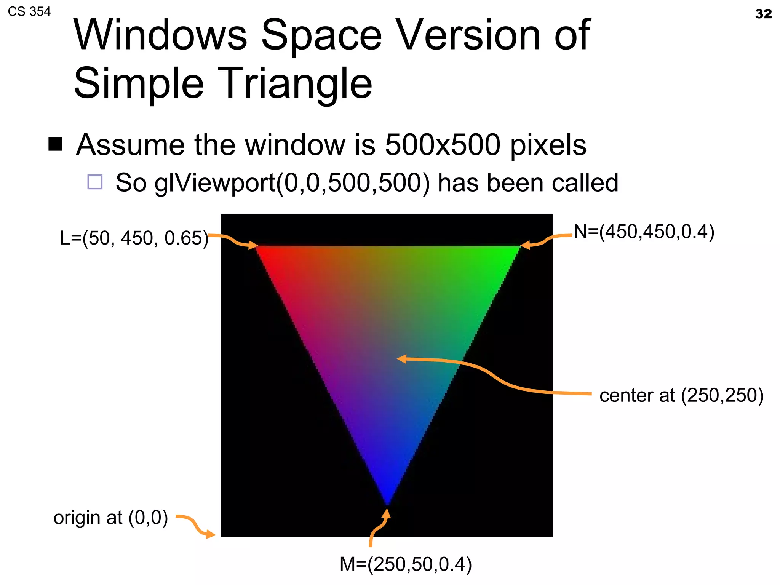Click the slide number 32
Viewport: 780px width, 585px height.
(x=763, y=14)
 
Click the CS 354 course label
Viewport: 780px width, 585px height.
(x=29, y=12)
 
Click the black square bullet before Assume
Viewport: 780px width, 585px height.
(x=55, y=144)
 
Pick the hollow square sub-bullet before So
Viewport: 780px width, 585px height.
(x=95, y=182)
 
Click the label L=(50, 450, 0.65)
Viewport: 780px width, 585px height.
(x=134, y=238)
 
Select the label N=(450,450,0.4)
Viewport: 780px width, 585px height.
(x=644, y=232)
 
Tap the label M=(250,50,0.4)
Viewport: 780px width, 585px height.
(x=406, y=564)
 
